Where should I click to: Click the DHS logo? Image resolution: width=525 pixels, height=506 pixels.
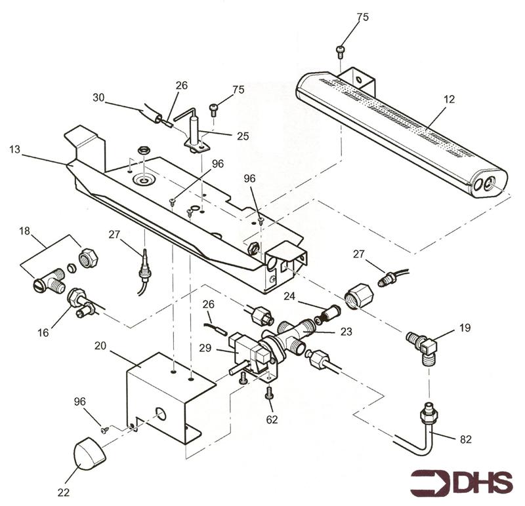[x=461, y=482]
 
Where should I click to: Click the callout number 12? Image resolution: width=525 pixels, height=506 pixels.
[x=450, y=100]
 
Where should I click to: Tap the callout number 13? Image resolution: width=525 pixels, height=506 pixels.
[x=15, y=149]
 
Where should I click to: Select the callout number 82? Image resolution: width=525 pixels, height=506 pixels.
[x=466, y=439]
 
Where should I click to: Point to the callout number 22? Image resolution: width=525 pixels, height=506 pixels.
[x=64, y=492]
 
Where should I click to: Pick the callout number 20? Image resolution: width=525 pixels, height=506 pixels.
[x=100, y=346]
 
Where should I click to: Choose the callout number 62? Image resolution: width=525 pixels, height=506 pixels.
[x=272, y=419]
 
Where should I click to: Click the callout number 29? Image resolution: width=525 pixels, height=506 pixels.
[x=205, y=348]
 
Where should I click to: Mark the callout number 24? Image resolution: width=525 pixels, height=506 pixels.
[x=289, y=296]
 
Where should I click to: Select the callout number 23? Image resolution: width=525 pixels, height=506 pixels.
[x=346, y=332]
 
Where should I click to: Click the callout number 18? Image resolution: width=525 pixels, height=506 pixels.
[x=24, y=231]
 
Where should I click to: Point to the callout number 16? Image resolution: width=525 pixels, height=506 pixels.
[x=43, y=332]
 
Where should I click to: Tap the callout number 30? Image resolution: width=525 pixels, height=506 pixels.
[x=99, y=98]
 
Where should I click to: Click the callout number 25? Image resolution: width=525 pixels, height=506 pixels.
[x=243, y=136]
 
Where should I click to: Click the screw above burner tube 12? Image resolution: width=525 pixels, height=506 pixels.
[x=340, y=50]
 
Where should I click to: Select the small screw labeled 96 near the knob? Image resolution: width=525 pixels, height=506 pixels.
[x=104, y=430]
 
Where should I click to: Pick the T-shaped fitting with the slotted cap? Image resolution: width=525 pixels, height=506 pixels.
[x=50, y=281]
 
